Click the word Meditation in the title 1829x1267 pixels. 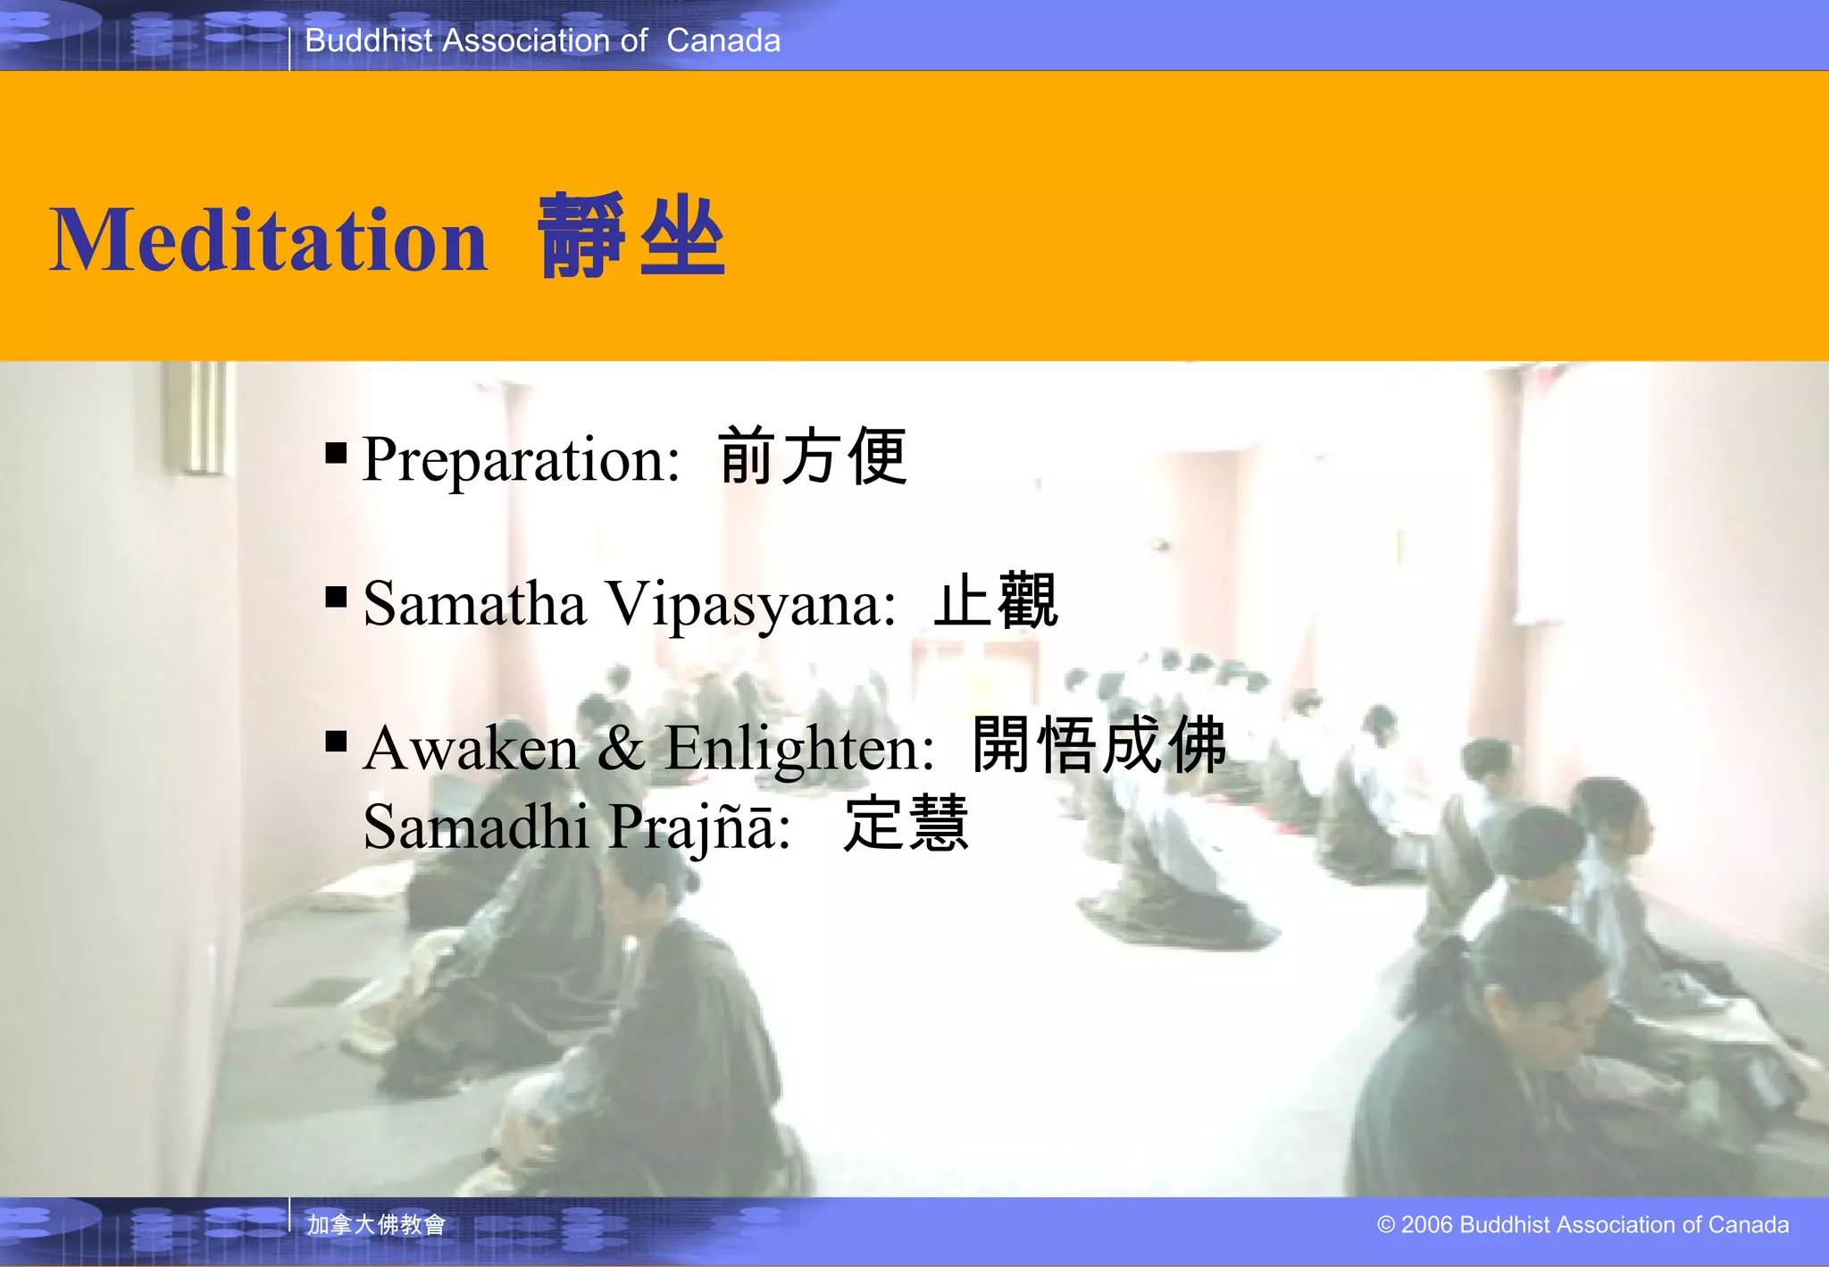point(268,239)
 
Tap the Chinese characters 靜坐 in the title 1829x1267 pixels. point(631,237)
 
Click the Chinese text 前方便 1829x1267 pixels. point(813,457)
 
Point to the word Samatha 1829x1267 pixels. point(474,603)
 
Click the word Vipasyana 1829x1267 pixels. point(750,605)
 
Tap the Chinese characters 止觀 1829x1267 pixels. point(996,601)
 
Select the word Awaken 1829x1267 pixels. point(471,747)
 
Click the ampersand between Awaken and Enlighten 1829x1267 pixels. point(621,747)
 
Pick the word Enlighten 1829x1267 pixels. point(799,749)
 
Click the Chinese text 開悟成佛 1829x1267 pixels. point(1099,744)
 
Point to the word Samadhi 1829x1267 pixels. point(475,826)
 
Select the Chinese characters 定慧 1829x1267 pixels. point(906,823)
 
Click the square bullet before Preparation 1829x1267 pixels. point(337,454)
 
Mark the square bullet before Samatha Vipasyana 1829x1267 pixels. point(337,596)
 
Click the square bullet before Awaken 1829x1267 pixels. point(337,741)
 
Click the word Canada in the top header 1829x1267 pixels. point(723,40)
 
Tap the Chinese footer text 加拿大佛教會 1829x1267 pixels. point(376,1224)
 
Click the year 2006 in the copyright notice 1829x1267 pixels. point(1427,1225)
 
